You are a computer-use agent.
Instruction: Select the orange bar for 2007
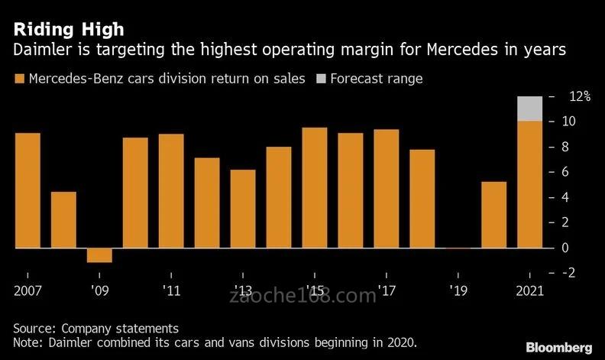27,190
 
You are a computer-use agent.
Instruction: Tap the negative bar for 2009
99,255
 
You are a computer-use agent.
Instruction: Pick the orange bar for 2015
315,188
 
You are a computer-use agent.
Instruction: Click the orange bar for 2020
494,215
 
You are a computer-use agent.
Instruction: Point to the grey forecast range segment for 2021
530,109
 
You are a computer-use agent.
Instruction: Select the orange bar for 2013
243,209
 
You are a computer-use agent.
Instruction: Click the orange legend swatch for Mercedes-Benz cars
18,78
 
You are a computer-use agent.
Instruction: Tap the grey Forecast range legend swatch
320,78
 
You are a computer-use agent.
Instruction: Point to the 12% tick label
580,96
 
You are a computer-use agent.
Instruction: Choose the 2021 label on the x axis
529,290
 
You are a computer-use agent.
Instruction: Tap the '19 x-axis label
458,290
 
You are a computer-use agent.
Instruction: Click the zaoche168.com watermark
302,295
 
